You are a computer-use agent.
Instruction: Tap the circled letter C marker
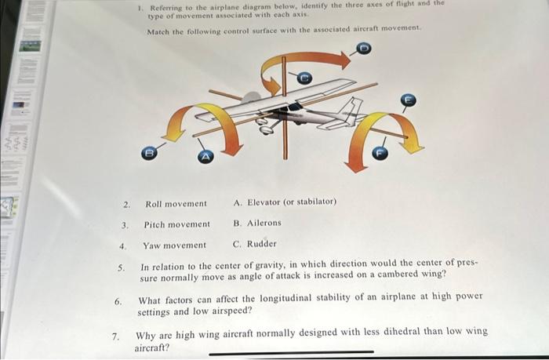[x=305, y=77]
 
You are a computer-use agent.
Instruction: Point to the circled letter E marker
[x=407, y=100]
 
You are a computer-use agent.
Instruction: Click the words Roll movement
[x=176, y=204]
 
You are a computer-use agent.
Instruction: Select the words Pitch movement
[x=176, y=224]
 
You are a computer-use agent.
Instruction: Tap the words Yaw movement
[x=174, y=245]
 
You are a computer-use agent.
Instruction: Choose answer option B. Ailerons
[x=256, y=224]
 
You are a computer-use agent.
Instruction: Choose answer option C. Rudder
[x=255, y=244]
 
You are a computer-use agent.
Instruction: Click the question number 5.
[x=121, y=267]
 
